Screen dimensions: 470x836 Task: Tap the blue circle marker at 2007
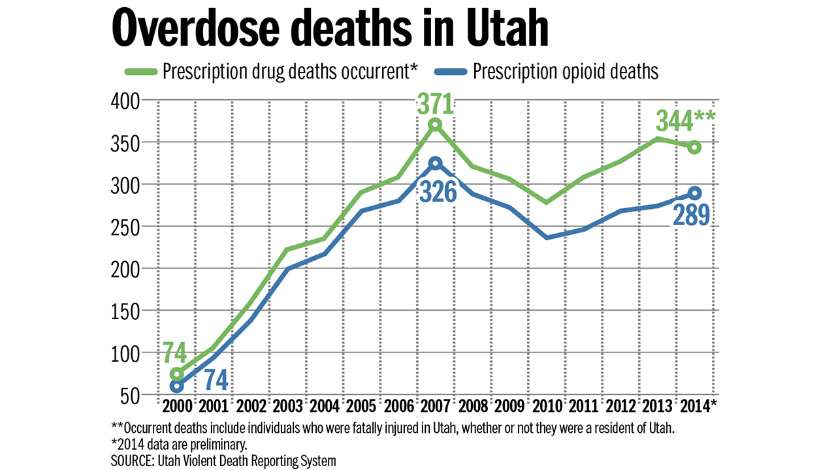436,163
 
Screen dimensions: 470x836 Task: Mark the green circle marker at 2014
694,148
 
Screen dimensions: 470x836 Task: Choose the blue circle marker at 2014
694,193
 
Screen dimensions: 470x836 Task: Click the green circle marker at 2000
177,374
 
